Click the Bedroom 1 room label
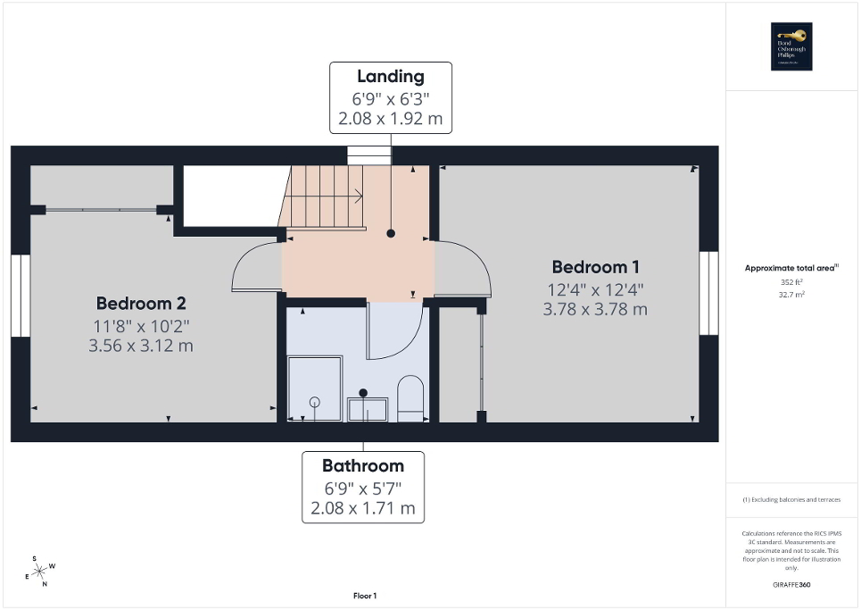point(595,266)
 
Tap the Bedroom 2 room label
point(141,303)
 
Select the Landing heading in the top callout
point(390,76)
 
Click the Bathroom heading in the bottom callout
point(362,465)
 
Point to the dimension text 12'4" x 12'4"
point(595,289)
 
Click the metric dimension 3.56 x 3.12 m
point(141,346)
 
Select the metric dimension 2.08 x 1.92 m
point(390,117)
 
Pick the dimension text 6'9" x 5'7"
point(362,488)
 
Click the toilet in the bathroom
point(410,398)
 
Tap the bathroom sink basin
point(368,410)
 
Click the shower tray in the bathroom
point(314,389)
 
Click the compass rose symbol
point(39,571)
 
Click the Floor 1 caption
point(364,596)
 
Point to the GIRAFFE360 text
point(792,585)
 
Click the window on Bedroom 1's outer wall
point(708,293)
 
